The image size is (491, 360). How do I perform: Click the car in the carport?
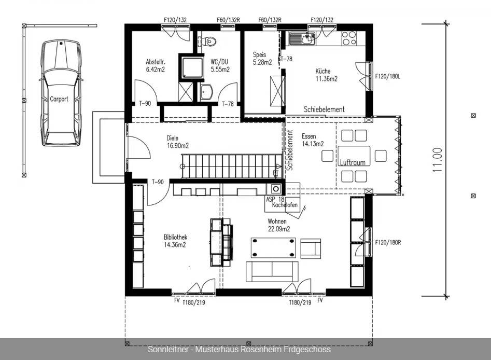tap(61, 93)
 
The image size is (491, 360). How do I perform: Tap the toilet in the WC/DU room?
tap(209, 41)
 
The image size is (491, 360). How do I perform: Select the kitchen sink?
tap(302, 38)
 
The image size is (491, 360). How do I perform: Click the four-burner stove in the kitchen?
tap(349, 38)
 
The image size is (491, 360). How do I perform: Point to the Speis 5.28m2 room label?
tap(262, 59)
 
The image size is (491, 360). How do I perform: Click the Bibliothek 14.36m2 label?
tap(175, 241)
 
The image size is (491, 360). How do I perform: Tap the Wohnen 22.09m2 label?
tap(279, 225)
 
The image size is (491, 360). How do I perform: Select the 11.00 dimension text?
tap(438, 160)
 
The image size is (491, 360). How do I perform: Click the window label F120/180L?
tap(388, 76)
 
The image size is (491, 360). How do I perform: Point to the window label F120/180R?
tap(388, 242)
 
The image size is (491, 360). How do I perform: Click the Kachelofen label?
tap(285, 205)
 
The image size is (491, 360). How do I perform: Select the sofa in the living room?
tap(272, 271)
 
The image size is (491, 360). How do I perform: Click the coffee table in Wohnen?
tap(273, 247)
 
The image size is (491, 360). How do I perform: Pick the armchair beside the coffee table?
tap(311, 248)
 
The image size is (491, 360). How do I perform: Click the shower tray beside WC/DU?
tap(191, 67)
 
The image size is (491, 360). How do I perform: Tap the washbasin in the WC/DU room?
tap(207, 92)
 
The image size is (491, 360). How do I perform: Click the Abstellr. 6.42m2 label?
tap(156, 65)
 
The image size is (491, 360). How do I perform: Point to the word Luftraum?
tap(353, 162)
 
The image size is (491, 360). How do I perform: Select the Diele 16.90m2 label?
tap(177, 142)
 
